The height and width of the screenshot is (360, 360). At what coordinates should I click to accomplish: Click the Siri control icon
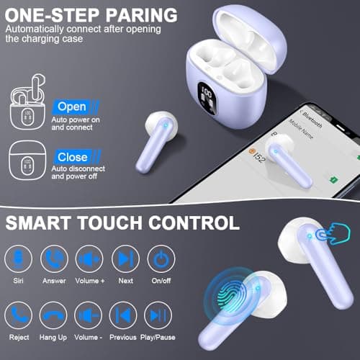pyautogui.click(x=18, y=258)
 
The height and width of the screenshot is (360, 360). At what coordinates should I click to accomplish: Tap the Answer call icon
pyautogui.click(x=54, y=258)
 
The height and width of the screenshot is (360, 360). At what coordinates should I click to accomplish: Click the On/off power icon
pyautogui.click(x=161, y=258)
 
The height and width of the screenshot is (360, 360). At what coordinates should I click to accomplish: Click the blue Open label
pyautogui.click(x=72, y=107)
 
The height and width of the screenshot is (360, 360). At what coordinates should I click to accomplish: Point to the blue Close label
pyautogui.click(x=72, y=156)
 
